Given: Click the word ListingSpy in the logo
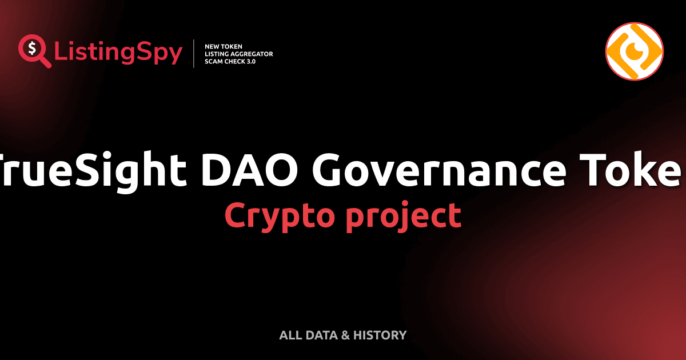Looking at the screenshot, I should (118, 53).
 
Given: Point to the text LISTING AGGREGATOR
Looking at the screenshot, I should (238, 54).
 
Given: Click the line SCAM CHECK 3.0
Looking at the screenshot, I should (230, 61).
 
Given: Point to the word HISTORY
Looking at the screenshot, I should (380, 335).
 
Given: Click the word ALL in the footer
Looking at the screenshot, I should (289, 335).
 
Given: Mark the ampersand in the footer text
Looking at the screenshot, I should (345, 335).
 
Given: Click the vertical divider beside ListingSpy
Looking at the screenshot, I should (194, 53).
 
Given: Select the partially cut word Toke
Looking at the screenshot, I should (635, 170).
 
